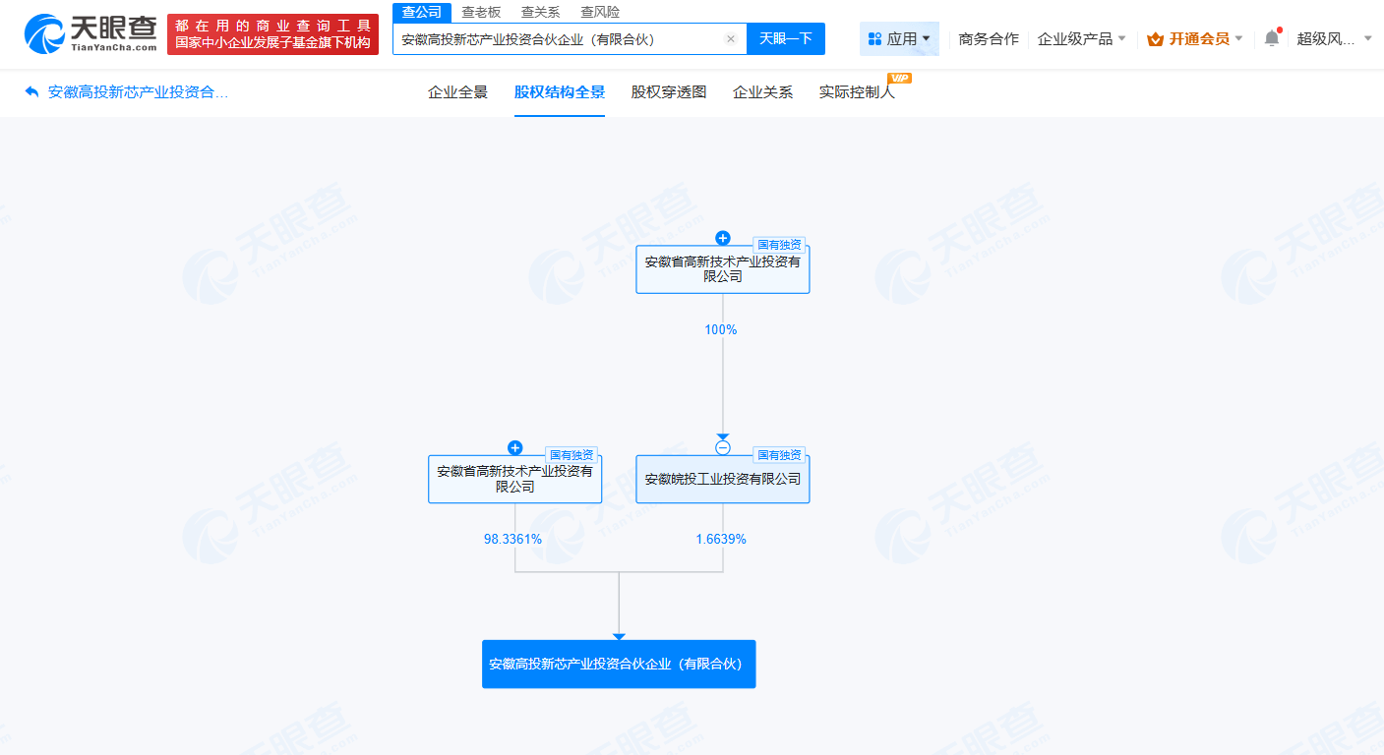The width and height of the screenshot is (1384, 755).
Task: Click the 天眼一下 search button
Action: click(785, 39)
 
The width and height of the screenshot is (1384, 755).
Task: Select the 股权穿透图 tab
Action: click(669, 92)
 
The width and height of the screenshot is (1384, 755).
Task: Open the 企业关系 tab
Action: click(762, 92)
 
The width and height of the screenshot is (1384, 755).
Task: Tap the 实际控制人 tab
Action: click(857, 92)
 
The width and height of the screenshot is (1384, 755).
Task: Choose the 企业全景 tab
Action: click(457, 92)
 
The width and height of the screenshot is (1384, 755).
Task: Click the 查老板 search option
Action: click(481, 12)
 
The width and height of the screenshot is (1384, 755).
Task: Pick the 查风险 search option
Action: click(600, 12)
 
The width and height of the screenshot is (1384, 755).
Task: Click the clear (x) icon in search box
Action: click(731, 39)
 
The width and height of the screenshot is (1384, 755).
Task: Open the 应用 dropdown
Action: click(899, 39)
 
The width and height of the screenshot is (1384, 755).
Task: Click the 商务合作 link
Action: click(989, 39)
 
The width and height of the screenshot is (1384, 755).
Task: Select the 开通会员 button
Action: click(1194, 39)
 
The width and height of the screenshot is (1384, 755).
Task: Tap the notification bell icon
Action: click(1272, 38)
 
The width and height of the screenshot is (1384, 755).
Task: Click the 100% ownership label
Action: click(721, 330)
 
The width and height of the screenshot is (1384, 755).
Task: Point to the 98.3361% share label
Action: click(512, 540)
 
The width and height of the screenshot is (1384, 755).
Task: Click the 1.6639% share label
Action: click(721, 540)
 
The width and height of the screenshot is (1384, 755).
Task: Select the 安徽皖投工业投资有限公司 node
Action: click(722, 480)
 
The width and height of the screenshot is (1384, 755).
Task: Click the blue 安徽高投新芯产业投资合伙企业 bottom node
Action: click(619, 665)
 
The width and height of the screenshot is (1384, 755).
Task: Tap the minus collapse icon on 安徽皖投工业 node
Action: click(723, 448)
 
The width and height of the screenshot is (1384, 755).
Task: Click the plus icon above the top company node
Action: click(723, 238)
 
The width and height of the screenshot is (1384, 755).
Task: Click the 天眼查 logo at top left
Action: click(90, 34)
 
